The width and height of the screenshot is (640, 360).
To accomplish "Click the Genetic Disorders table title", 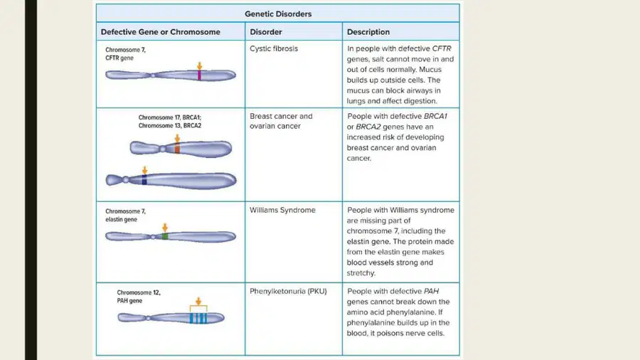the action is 278,14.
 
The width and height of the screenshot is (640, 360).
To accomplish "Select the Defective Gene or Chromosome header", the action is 161,32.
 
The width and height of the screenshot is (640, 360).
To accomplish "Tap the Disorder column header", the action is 266,32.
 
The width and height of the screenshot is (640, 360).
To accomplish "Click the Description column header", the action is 368,32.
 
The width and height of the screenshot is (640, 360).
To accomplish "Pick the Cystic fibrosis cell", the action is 274,48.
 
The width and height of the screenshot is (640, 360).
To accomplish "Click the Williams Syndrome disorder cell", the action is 282,210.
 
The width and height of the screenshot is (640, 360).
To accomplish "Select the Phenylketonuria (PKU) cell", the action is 288,292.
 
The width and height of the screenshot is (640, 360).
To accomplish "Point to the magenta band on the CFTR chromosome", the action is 199,75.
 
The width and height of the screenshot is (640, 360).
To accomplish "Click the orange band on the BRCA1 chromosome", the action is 177,148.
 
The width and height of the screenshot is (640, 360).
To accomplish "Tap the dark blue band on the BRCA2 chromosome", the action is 144,180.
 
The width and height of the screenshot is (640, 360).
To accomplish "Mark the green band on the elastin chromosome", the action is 165,236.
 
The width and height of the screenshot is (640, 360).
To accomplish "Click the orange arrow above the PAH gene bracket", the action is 198,301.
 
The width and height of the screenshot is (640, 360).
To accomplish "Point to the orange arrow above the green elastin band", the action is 165,228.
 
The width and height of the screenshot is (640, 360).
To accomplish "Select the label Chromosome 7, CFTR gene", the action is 125,54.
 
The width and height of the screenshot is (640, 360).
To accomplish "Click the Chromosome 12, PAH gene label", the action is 139,297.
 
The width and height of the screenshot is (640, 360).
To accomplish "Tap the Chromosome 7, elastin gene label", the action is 125,216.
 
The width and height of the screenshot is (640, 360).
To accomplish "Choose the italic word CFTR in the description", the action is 442,48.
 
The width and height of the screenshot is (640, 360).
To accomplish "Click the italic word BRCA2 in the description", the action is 368,127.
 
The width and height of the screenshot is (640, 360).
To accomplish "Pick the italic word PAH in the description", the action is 431,292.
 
